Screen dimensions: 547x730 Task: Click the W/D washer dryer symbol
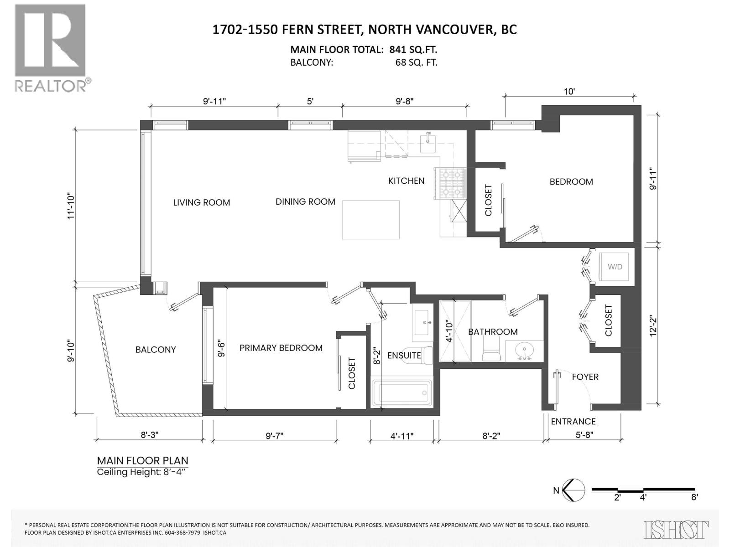615,267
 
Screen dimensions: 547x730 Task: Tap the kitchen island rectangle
370,219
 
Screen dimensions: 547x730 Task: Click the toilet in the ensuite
427,355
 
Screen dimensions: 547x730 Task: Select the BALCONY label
155,350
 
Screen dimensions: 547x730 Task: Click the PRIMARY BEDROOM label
281,348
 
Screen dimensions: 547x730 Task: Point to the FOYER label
585,377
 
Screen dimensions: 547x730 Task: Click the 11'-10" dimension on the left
71,207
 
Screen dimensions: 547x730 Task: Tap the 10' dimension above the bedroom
569,91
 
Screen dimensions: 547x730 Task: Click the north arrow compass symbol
574,491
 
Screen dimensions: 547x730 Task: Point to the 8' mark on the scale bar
694,497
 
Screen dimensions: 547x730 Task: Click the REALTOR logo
51,47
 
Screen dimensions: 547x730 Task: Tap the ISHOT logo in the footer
677,529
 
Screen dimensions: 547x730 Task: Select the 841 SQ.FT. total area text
413,50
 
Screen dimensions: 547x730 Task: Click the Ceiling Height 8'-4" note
142,472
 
